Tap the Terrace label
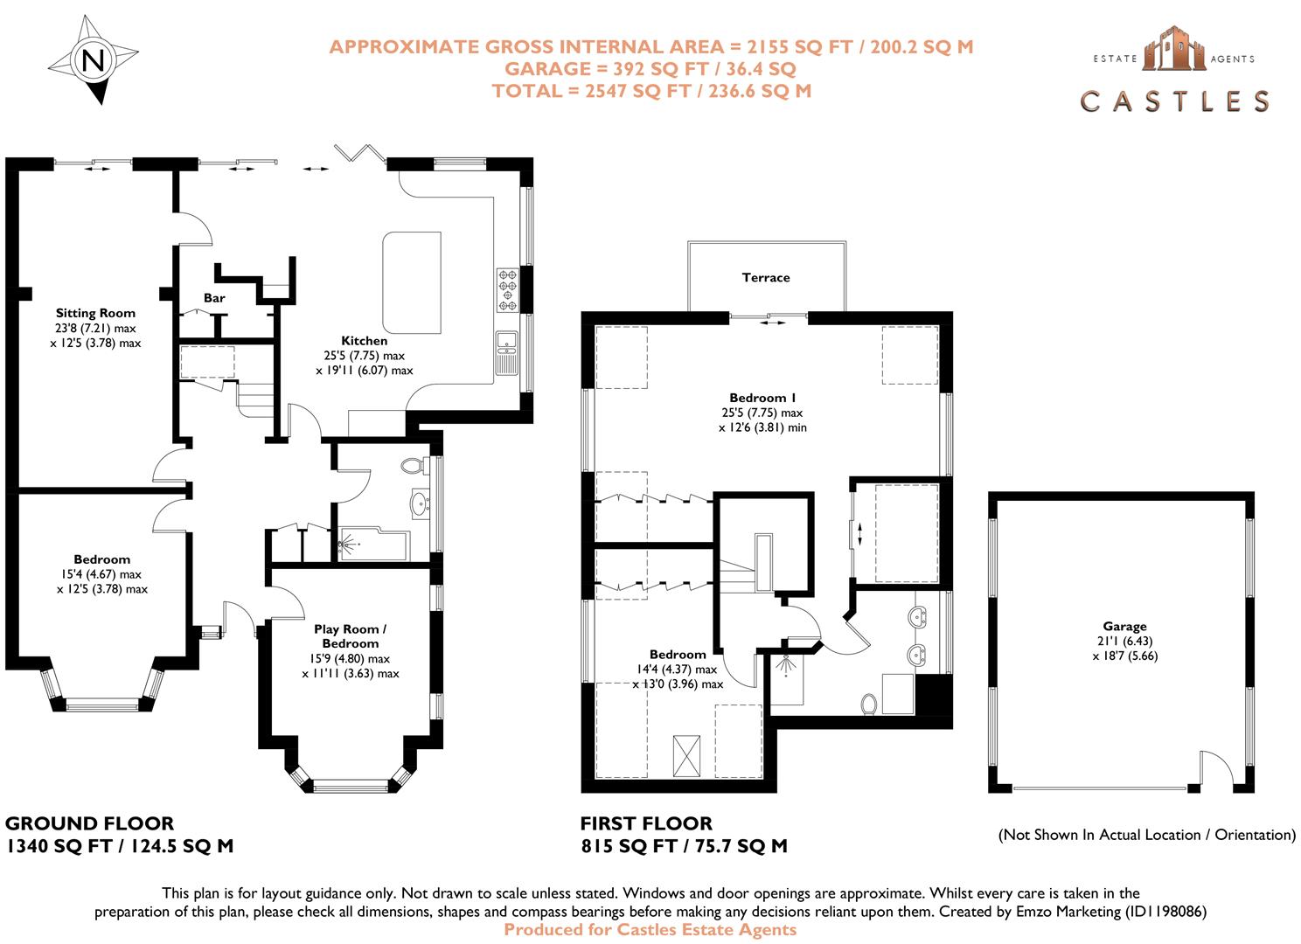pyautogui.click(x=766, y=277)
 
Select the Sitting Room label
pyautogui.click(x=95, y=313)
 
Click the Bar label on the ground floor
pyautogui.click(x=214, y=298)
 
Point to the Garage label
pyautogui.click(x=1124, y=626)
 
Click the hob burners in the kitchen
pyautogui.click(x=508, y=289)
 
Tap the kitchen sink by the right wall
pyautogui.click(x=507, y=353)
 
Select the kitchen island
pyautogui.click(x=412, y=282)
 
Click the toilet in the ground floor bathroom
pyautogui.click(x=414, y=466)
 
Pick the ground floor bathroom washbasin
pyautogui.click(x=420, y=503)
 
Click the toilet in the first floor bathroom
pyautogui.click(x=869, y=704)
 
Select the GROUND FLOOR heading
pyautogui.click(x=89, y=823)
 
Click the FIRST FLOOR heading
pyautogui.click(x=646, y=823)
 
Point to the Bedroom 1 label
pyautogui.click(x=762, y=398)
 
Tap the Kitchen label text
pyautogui.click(x=365, y=341)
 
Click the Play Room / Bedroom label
pyautogui.click(x=351, y=636)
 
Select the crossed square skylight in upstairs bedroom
pyautogui.click(x=686, y=755)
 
